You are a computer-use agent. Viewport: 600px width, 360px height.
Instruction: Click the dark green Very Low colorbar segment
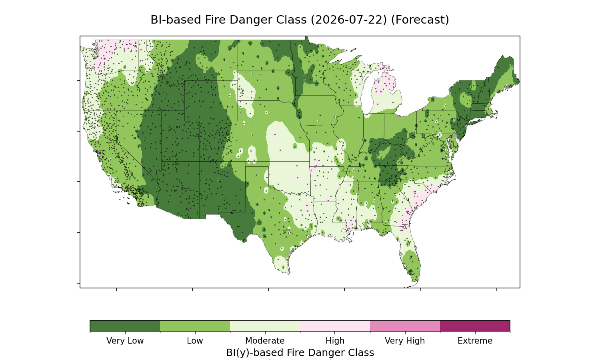125,326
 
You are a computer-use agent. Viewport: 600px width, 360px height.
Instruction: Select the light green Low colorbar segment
195,326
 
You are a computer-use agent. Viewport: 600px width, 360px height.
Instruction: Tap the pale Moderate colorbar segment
265,326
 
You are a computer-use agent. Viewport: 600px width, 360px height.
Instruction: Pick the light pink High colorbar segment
335,326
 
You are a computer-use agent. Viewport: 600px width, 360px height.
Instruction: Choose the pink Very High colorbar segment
405,326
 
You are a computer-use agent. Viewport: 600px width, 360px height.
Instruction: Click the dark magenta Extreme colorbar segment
475,326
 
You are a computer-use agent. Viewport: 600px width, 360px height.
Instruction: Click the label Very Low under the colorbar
125,341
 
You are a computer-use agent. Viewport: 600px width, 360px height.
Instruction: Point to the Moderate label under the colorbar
265,341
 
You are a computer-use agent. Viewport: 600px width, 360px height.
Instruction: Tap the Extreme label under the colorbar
475,341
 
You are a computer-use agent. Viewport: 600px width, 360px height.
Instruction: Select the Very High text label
405,341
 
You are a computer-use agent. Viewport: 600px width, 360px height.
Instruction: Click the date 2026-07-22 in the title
349,20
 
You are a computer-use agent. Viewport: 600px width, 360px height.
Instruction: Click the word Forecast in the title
420,20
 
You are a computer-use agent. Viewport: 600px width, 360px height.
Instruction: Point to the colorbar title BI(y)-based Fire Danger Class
300,353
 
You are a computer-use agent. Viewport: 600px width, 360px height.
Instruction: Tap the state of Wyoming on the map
205,100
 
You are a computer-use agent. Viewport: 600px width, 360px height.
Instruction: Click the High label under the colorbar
335,341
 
